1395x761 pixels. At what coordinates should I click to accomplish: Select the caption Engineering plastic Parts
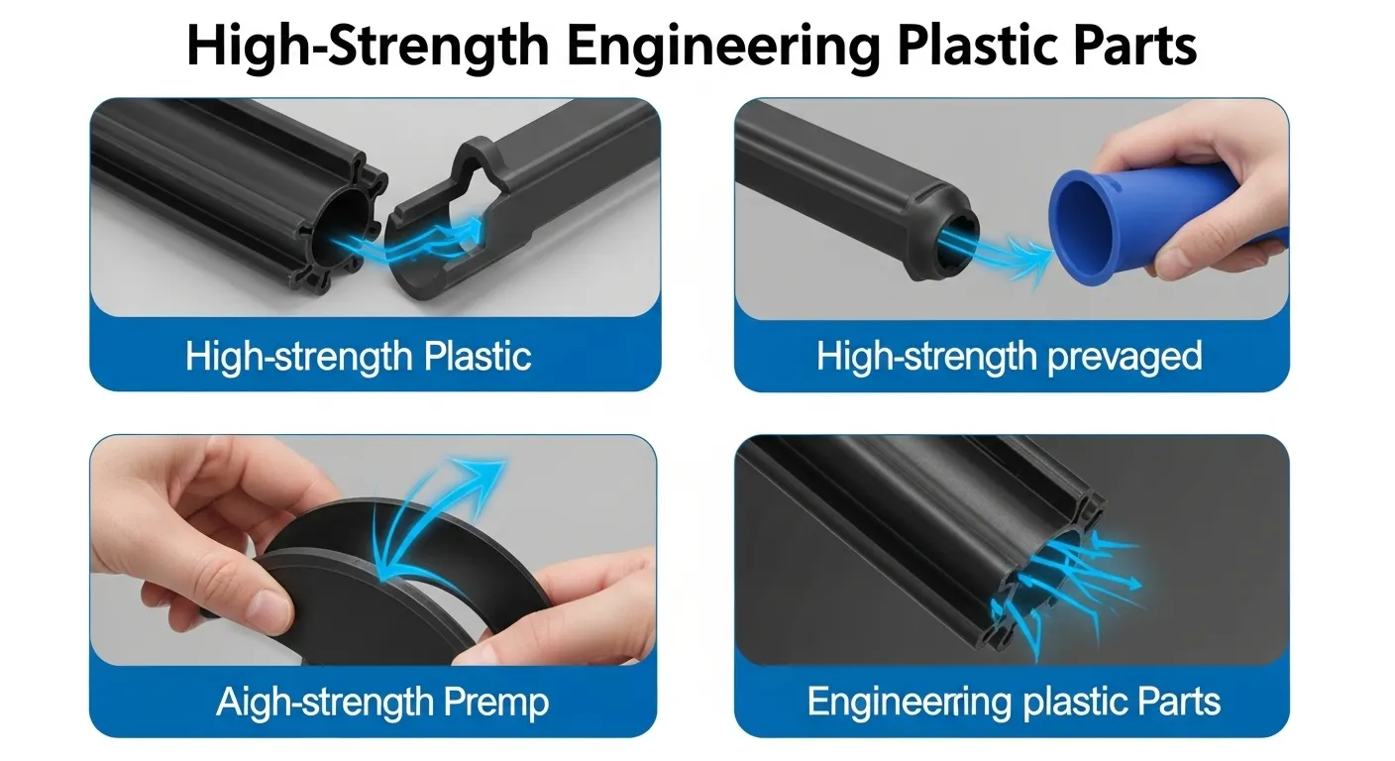(x=1013, y=702)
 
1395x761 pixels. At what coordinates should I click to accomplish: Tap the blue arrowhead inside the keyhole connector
(x=477, y=226)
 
